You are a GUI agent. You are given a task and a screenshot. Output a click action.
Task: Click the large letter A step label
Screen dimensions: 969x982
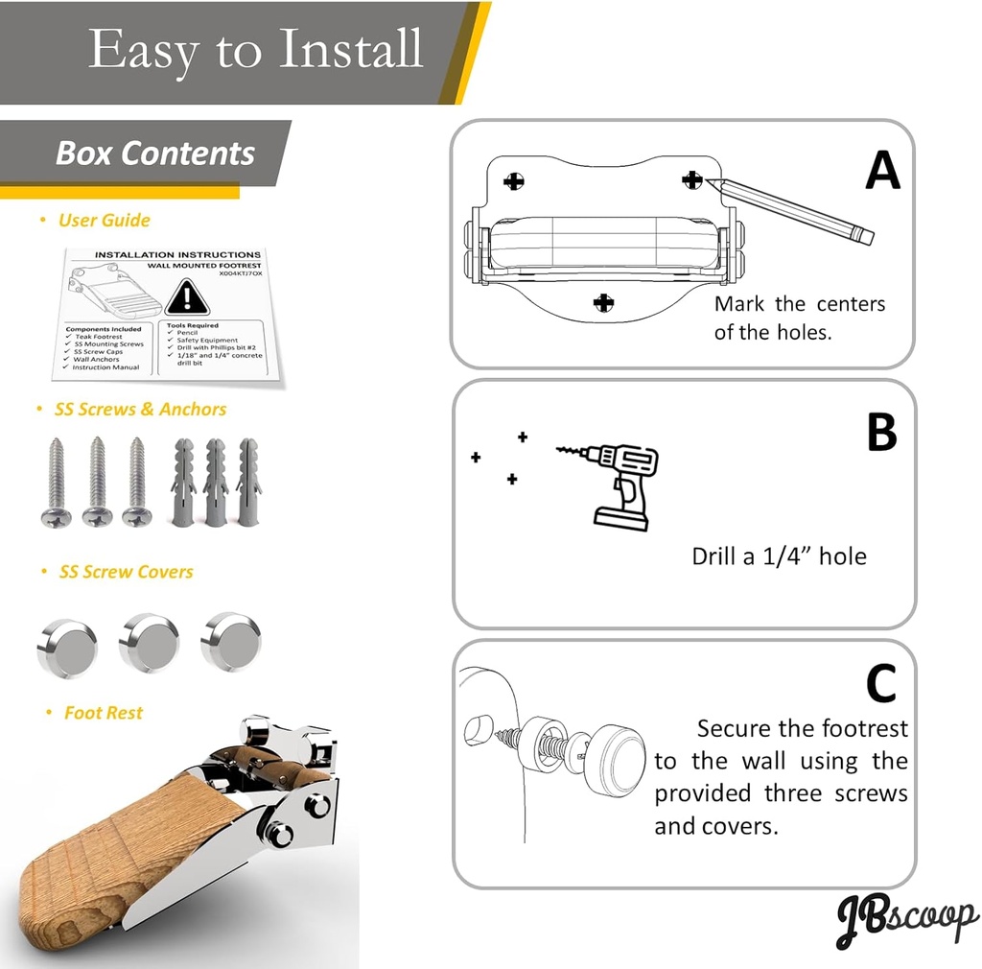(882, 172)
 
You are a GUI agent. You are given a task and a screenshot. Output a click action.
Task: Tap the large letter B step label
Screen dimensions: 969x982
(881, 432)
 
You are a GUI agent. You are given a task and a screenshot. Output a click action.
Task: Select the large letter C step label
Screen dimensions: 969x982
(881, 684)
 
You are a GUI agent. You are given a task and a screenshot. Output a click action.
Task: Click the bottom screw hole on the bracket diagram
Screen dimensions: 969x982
(603, 303)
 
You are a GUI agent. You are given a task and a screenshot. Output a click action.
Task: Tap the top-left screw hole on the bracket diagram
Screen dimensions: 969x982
(515, 180)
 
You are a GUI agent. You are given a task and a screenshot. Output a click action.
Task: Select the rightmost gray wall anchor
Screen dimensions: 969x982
(248, 482)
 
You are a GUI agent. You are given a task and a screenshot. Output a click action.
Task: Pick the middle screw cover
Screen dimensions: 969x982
(149, 643)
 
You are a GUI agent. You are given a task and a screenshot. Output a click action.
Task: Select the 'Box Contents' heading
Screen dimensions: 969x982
(155, 154)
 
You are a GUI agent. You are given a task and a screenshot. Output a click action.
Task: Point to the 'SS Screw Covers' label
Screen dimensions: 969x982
(126, 572)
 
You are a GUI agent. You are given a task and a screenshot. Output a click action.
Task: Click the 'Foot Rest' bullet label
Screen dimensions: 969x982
(103, 713)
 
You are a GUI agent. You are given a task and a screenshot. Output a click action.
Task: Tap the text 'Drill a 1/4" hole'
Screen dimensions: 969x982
(779, 556)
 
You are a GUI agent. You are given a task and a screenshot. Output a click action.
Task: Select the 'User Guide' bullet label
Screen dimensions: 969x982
(104, 221)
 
